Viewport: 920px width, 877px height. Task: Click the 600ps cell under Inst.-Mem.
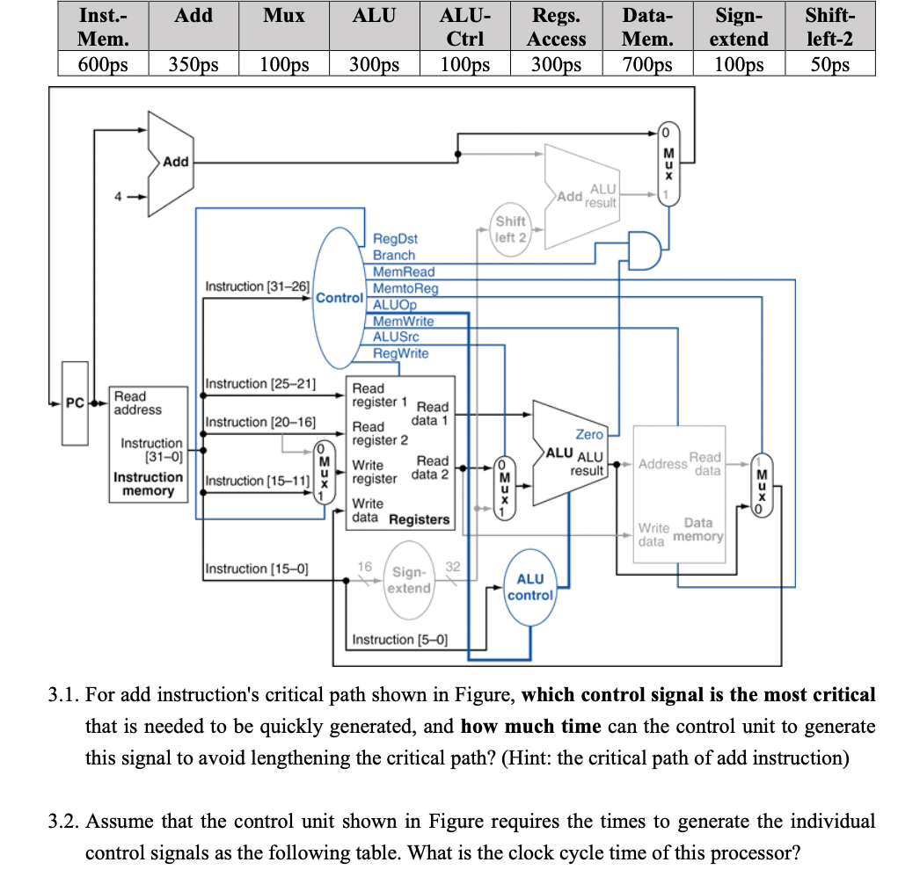coord(103,63)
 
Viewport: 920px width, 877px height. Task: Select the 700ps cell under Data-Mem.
coord(647,63)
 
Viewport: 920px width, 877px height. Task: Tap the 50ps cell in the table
coord(829,63)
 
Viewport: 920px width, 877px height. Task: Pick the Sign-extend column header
coord(739,26)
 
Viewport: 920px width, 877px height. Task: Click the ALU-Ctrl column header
coord(465,26)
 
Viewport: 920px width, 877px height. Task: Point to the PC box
coord(75,403)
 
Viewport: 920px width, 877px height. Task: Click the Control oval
coord(340,298)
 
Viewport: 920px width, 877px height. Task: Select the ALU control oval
coord(529,587)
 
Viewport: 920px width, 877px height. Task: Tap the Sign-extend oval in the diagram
coord(409,580)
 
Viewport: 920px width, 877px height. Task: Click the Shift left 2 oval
coord(510,229)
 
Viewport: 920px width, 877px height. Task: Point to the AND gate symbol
coord(645,250)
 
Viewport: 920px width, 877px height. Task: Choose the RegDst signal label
coord(396,239)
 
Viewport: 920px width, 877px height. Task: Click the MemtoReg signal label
coord(405,288)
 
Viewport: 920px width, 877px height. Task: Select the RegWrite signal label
coord(401,353)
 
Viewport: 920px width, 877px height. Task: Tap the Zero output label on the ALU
coord(589,434)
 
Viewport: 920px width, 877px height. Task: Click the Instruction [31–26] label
coord(257,286)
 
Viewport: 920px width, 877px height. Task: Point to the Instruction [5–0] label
coord(399,640)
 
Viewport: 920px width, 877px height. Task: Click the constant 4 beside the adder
coord(118,197)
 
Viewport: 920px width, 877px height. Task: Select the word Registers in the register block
coord(419,519)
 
